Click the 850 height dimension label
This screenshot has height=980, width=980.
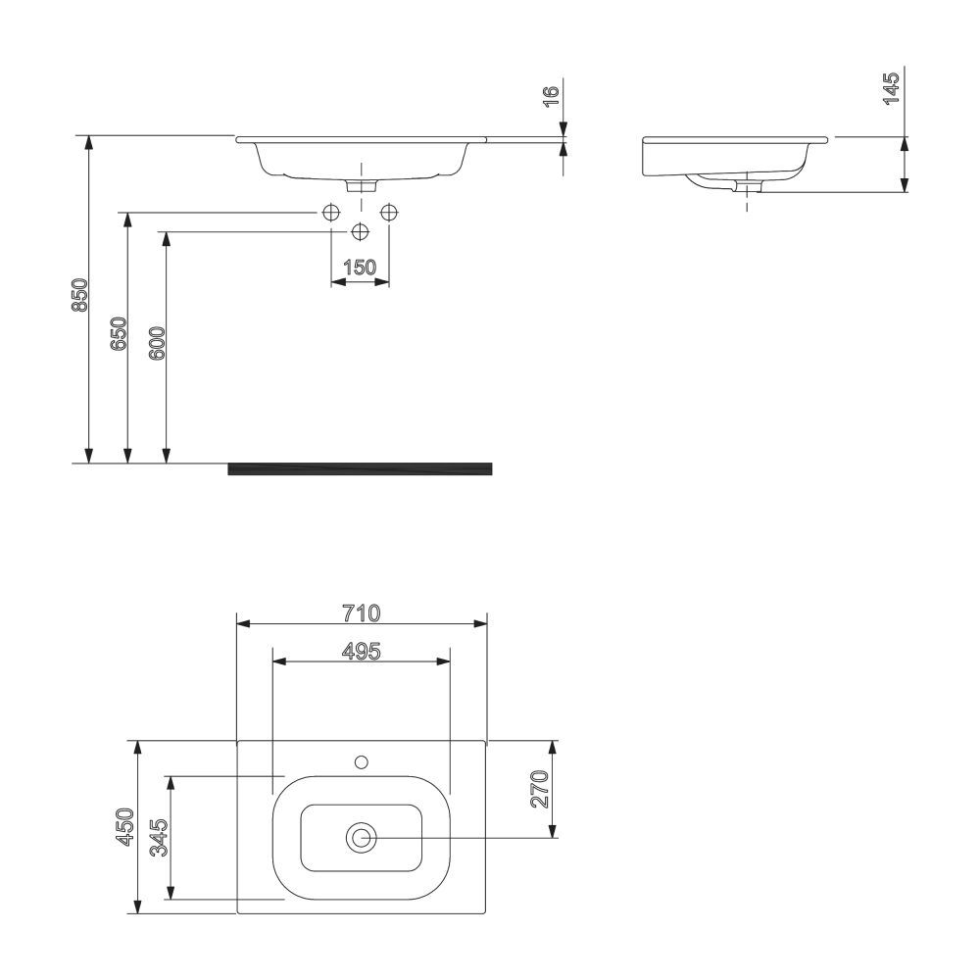coord(80,295)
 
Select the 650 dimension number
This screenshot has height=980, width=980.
coord(119,334)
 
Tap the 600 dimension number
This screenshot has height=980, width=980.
coord(159,344)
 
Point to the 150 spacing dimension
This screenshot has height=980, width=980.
coord(360,267)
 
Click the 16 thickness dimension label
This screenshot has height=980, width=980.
coord(551,95)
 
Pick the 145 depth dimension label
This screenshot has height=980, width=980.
coord(892,88)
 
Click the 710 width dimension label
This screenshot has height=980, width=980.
coord(362,612)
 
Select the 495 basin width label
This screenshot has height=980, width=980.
coord(361,651)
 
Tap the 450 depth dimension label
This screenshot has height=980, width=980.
coord(125,826)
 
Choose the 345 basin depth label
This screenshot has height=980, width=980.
coord(160,838)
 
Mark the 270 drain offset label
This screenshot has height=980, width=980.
coord(538,789)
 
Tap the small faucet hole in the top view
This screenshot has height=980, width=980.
coord(362,760)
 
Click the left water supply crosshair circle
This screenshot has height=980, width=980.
coord(331,212)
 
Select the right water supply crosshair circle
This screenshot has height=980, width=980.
coord(390,212)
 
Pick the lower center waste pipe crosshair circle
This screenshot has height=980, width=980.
coord(361,231)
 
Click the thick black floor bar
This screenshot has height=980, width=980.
coord(360,468)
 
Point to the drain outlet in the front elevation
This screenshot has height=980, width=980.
coord(362,184)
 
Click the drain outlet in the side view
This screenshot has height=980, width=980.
coord(748,185)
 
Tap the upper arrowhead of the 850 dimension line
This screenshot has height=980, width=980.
coord(89,143)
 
